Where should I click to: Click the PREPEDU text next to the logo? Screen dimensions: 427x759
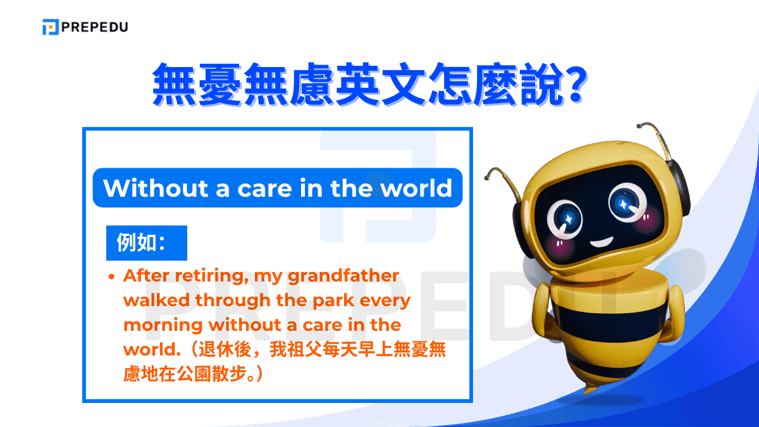pyautogui.click(x=94, y=27)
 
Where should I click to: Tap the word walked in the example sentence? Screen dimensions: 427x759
pyautogui.click(x=156, y=300)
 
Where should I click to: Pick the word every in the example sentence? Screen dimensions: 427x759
pyautogui.click(x=385, y=300)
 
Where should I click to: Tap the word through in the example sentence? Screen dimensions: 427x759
pyautogui.click(x=233, y=300)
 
